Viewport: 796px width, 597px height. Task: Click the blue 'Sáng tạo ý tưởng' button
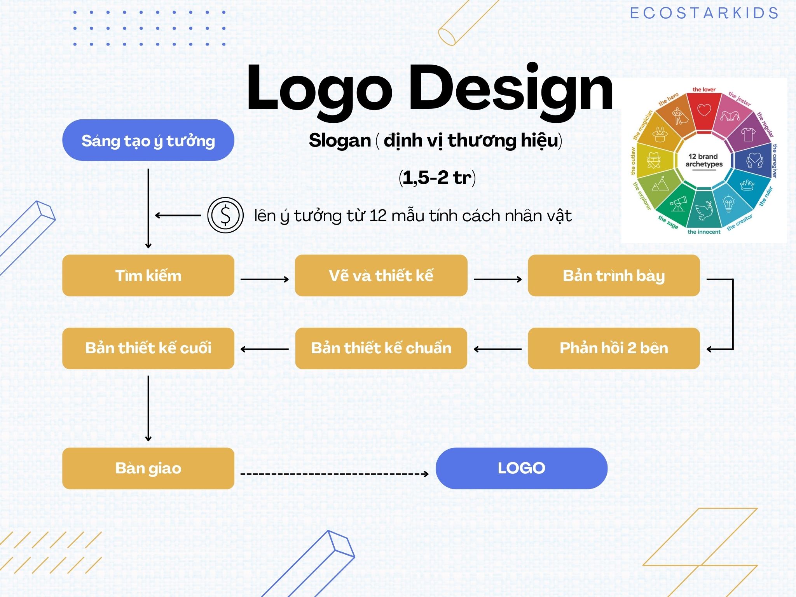coord(148,140)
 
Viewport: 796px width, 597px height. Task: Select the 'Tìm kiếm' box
coord(148,276)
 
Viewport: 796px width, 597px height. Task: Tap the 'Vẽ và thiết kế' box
coord(381,276)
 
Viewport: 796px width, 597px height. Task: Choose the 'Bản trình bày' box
coord(614,276)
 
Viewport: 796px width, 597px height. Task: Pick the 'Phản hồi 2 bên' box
coord(614,348)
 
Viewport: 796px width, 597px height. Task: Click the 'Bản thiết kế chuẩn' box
coord(381,348)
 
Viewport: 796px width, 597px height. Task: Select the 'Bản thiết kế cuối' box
coord(148,348)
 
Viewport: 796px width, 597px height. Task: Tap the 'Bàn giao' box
coord(148,468)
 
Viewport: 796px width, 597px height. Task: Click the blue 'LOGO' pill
coord(521,468)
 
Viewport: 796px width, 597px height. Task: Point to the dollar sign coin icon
coord(225,215)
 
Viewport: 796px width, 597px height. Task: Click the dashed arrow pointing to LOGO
coord(335,474)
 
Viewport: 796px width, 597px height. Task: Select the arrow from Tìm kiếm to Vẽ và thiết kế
coord(265,279)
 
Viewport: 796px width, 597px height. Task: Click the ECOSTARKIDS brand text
coord(704,13)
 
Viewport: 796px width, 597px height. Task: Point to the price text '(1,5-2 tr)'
coord(437,178)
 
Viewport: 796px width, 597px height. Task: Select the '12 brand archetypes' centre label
coord(703,161)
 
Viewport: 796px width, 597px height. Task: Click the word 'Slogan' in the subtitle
coord(340,141)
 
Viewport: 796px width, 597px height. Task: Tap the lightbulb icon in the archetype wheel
coord(728,203)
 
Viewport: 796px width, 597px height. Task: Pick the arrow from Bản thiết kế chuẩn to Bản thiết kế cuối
coord(265,349)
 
